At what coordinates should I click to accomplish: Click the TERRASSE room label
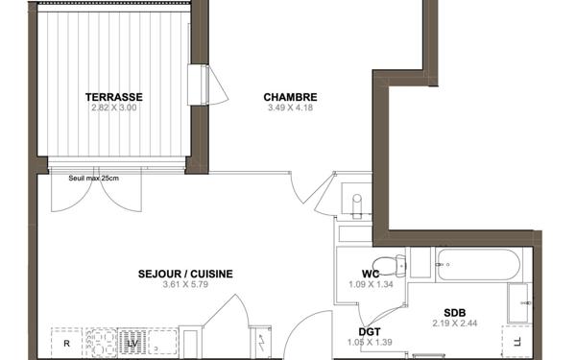[114, 97]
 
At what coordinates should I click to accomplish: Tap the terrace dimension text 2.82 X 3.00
[114, 108]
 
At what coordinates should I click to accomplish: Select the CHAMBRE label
[290, 97]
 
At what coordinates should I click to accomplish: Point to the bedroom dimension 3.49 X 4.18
[290, 108]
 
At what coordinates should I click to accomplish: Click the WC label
[371, 275]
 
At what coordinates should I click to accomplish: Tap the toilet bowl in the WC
[387, 264]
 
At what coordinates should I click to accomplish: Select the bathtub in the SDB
[477, 264]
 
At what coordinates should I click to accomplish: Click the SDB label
[455, 312]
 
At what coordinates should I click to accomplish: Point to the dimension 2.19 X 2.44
[455, 323]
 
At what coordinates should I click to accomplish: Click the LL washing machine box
[516, 341]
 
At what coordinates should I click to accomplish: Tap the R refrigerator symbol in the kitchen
[66, 343]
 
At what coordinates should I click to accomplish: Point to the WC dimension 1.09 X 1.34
[371, 285]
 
